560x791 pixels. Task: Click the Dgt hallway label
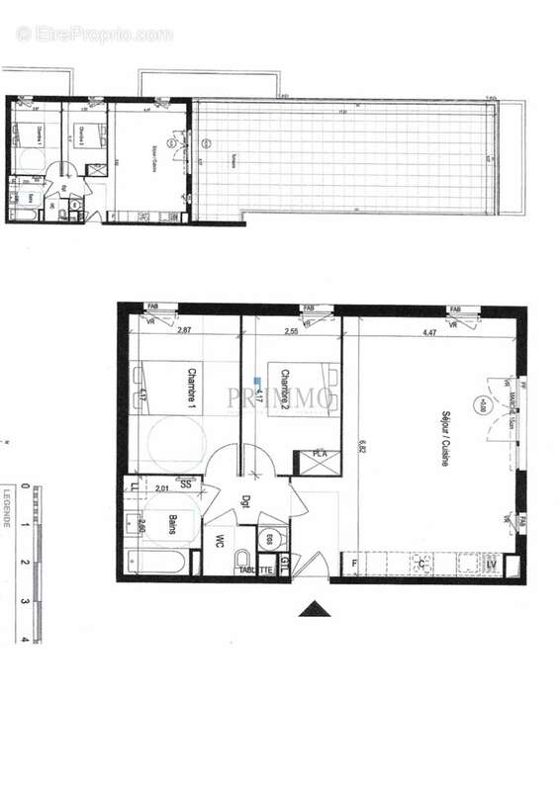click(x=245, y=500)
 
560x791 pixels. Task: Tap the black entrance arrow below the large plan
click(x=316, y=608)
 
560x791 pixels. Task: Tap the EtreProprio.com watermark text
click(x=95, y=35)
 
